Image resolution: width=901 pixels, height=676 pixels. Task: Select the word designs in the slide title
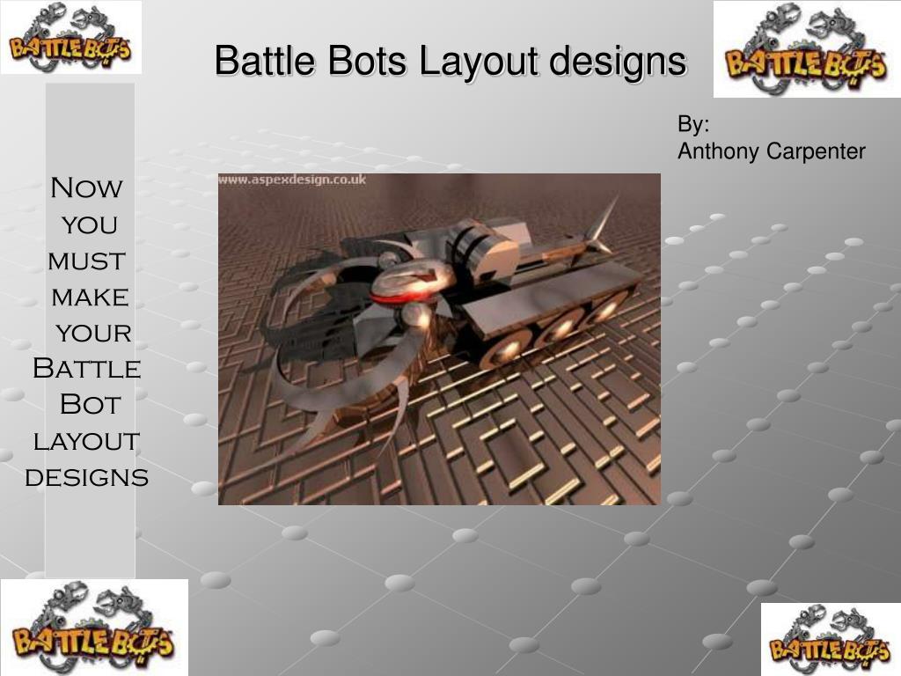coord(618,62)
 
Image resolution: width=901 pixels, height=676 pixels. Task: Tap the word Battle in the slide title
coord(266,62)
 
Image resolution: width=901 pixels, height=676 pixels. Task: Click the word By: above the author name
coord(693,124)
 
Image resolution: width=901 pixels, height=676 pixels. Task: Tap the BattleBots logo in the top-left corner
coord(70,37)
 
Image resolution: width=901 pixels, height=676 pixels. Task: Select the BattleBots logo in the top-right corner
coord(806,49)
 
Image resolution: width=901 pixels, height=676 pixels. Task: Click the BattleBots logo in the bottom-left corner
coord(94,627)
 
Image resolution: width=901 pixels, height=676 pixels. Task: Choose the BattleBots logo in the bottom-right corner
coord(831,639)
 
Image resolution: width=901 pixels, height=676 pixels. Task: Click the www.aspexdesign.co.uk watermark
coord(292,180)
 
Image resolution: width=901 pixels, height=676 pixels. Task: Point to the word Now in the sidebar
coord(86,188)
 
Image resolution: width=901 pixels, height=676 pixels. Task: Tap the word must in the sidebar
coord(86,261)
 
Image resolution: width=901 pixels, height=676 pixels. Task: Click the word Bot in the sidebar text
coord(89,405)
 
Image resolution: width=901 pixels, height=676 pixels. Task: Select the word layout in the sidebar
coord(86,441)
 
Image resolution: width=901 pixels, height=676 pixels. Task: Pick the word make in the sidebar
coord(90,298)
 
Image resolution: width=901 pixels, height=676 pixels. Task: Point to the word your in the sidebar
coord(93,334)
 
